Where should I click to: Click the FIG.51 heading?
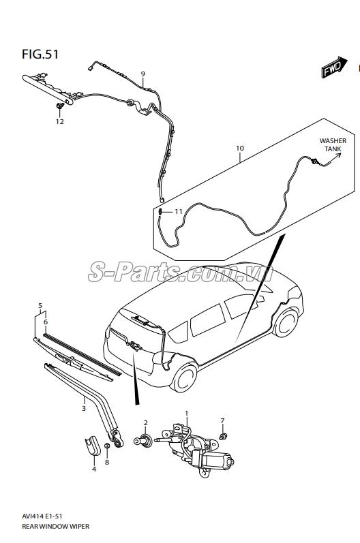tap(40, 55)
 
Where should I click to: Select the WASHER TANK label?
tap(333, 144)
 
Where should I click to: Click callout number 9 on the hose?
tap(142, 74)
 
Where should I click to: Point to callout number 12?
tap(60, 121)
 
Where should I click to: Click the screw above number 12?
tap(60, 106)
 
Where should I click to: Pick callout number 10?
tap(240, 149)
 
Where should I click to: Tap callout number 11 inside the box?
tap(178, 211)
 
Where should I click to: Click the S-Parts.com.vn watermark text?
tap(180, 273)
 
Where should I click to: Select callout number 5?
tap(40, 306)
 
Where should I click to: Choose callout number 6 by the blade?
tap(46, 322)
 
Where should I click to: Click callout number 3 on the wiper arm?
tap(83, 409)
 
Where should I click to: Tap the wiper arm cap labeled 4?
tap(93, 444)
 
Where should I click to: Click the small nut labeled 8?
tap(108, 446)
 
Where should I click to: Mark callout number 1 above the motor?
tap(186, 413)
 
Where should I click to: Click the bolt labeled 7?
tap(224, 435)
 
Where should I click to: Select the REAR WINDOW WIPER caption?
tap(55, 527)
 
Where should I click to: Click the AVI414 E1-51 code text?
tap(42, 516)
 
